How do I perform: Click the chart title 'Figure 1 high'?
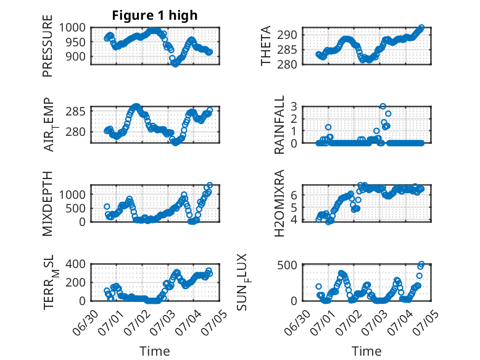click(x=154, y=15)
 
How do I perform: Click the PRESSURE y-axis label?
click(x=48, y=51)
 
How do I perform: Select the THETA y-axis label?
click(x=266, y=46)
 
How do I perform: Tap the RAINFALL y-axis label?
click(x=279, y=125)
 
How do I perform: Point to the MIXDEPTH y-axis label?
click(x=48, y=203)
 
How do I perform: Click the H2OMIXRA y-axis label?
click(x=279, y=203)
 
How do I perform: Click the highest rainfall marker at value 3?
click(x=383, y=107)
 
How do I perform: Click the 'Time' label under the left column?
click(x=154, y=351)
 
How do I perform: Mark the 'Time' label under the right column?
click(x=366, y=351)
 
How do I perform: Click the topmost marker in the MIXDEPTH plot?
click(x=210, y=185)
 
